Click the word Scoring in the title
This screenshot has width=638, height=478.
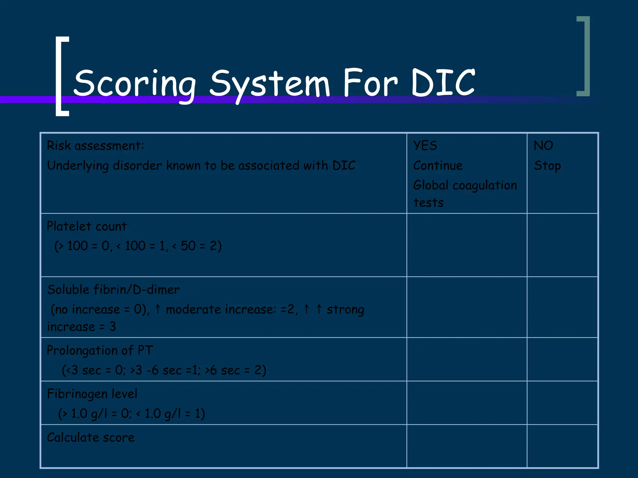coord(135,83)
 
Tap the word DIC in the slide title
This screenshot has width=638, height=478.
coord(443,82)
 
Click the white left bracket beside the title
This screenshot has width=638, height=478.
coord(62,76)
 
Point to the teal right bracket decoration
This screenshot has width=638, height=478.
coord(584,56)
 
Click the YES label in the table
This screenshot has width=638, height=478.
coord(425,146)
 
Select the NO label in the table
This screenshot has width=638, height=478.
coord(543,146)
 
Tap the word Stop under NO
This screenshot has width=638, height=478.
coord(547,166)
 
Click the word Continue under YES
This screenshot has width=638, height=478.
coord(438,166)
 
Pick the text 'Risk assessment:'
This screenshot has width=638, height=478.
coord(95,146)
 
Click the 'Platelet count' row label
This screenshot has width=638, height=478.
coord(87,226)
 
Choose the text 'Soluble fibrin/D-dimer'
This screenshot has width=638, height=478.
coord(113,290)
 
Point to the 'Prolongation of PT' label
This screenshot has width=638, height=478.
coord(100,350)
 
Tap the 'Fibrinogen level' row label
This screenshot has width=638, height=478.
coord(92,394)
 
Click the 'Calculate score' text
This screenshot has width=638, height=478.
coord(91,438)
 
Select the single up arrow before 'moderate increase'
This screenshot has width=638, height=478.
coord(158,309)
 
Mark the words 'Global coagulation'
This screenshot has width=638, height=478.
coord(465,185)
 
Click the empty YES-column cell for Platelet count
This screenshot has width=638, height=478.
coord(467,245)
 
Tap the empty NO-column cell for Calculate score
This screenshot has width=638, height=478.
coord(562,446)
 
